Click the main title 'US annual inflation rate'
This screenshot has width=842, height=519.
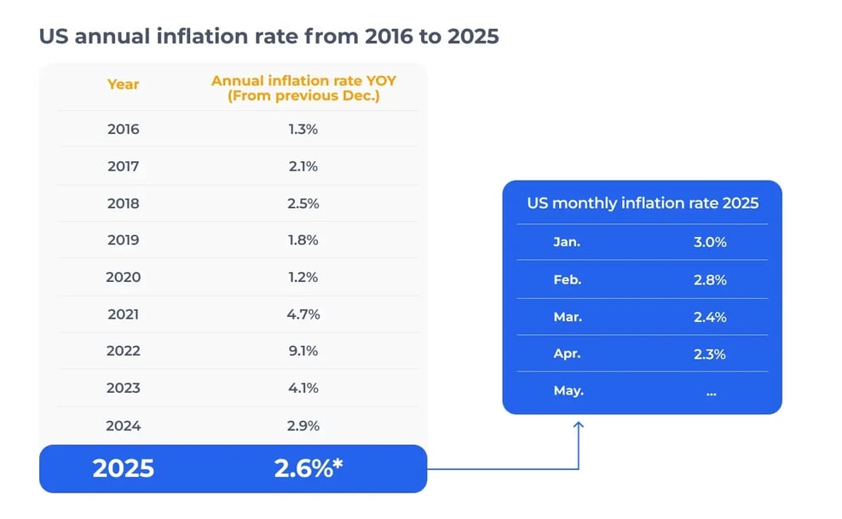(268, 37)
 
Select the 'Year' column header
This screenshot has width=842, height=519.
(123, 84)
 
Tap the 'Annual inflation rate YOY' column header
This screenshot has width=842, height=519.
(303, 89)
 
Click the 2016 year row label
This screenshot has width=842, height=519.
(123, 130)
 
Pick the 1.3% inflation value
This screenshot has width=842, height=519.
(303, 130)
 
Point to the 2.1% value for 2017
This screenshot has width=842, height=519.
(303, 167)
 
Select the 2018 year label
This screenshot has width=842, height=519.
(123, 204)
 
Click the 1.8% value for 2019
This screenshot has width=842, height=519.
(303, 240)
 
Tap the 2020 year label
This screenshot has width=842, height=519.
(123, 277)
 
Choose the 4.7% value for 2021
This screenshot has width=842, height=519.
(303, 314)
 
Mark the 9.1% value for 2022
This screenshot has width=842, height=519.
(303, 351)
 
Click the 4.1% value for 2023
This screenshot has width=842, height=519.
(303, 389)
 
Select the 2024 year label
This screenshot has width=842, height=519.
(123, 425)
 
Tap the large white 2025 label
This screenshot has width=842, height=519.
(123, 469)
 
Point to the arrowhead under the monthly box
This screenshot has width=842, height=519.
(579, 423)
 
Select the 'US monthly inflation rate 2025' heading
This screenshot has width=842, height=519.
(642, 204)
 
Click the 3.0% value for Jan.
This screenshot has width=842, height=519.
(710, 242)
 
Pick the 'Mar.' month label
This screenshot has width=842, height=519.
(567, 317)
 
